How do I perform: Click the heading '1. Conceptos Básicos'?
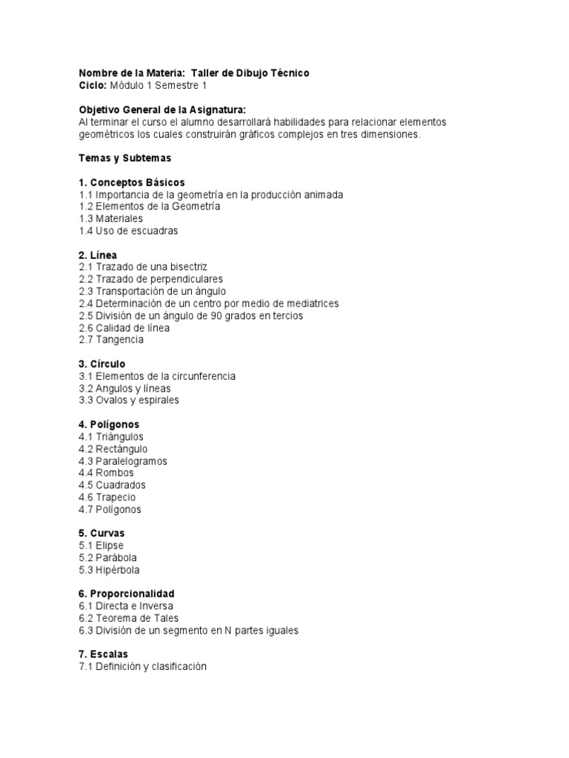click(131, 182)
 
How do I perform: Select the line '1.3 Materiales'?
click(110, 218)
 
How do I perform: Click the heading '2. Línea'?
click(98, 255)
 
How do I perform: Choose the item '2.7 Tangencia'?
click(111, 340)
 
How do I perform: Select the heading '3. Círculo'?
click(102, 364)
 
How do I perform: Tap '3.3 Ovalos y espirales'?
click(129, 400)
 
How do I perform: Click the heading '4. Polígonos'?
click(109, 425)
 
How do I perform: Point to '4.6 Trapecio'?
click(107, 497)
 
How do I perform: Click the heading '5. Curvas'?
click(102, 534)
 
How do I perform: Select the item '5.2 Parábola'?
click(107, 557)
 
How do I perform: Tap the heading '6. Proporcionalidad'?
click(127, 594)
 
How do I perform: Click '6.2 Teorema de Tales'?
click(128, 618)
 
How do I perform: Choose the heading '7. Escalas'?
click(103, 654)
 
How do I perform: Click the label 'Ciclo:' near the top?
click(93, 85)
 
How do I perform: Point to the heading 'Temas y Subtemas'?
click(124, 158)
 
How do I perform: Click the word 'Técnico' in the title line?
click(290, 73)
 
